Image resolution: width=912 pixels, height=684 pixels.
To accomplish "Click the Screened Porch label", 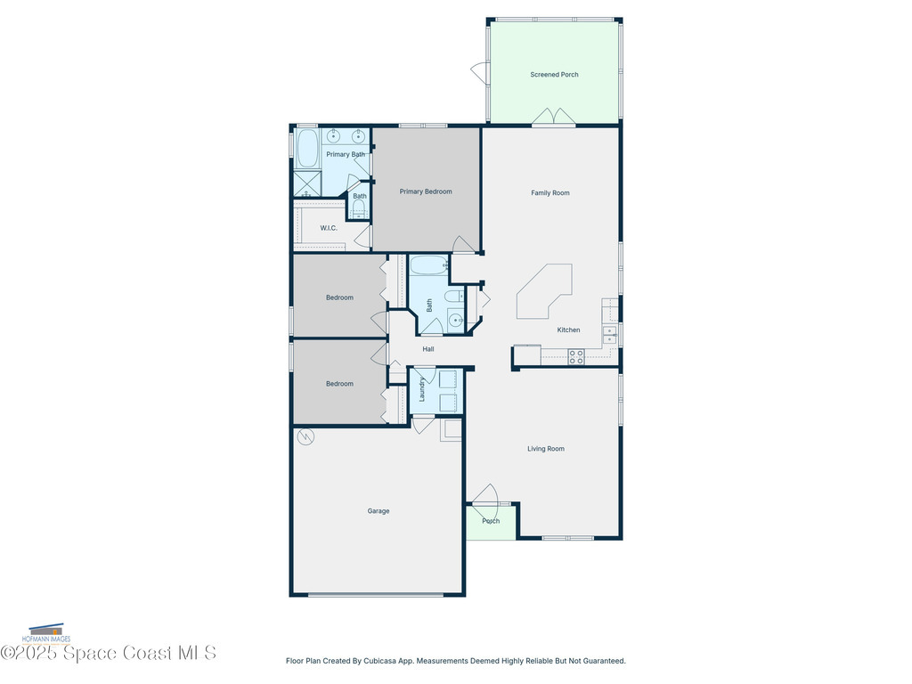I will coord(554,75).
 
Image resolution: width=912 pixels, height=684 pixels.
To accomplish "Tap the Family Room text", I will coord(550,193).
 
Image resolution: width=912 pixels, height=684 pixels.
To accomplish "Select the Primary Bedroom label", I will coord(425,191).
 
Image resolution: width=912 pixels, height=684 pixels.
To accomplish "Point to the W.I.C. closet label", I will coord(329,228).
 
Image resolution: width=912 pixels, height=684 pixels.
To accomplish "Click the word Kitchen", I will coord(568,330).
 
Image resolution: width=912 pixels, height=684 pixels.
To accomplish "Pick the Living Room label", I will coord(545,449).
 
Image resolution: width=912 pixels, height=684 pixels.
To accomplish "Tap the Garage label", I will coord(379,511).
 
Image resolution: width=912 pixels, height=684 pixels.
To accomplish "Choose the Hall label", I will coord(428,349).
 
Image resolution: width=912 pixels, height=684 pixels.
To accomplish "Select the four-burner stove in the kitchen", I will coord(576,356).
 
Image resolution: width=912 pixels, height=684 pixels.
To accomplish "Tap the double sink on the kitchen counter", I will coord(610,334).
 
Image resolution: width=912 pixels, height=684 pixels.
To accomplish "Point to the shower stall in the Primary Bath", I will coord(306,183).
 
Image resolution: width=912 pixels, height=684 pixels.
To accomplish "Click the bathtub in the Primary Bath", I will coord(307,149).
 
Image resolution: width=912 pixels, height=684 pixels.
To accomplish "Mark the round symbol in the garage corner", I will coord(305,436).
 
